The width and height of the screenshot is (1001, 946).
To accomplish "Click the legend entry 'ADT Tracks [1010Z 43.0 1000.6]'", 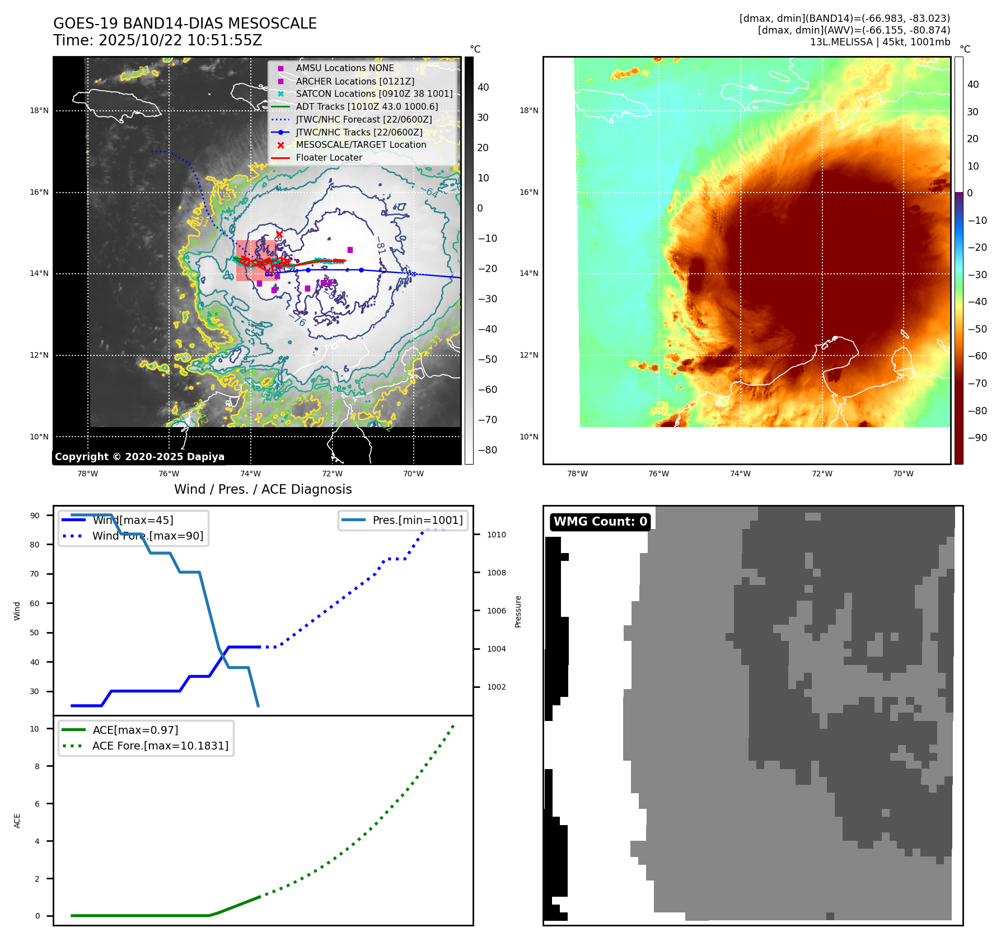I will [367, 106].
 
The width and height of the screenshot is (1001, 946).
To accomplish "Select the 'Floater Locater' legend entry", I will [329, 158].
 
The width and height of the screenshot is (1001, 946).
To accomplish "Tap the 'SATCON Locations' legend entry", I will [374, 93].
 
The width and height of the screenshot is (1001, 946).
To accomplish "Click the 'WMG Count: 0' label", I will [600, 522].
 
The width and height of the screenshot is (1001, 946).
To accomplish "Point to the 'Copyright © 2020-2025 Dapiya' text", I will [139, 457].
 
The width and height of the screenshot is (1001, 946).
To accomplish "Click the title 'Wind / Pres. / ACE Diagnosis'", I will [263, 489].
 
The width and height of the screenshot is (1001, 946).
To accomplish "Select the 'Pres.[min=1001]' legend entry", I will [418, 520].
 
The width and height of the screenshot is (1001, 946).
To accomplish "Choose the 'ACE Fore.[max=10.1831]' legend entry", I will [160, 746].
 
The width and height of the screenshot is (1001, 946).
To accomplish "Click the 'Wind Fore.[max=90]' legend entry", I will [148, 536].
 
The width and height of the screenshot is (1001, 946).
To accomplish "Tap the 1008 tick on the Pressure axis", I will [496, 573].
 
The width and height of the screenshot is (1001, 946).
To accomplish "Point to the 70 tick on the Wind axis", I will [35, 574].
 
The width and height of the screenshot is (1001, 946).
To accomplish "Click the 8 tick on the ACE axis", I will [38, 766].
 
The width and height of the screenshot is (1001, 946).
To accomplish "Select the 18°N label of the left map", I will [39, 111].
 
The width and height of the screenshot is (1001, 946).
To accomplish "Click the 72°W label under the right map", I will [822, 474].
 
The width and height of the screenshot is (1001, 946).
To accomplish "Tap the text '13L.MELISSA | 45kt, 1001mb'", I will [880, 42].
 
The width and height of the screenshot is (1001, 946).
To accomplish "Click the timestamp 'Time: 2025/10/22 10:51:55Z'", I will [157, 40].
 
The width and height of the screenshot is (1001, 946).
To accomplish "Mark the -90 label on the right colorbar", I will [977, 438].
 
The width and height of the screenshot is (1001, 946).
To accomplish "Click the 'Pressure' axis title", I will [518, 611].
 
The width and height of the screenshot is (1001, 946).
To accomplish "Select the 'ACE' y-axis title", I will [17, 821].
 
